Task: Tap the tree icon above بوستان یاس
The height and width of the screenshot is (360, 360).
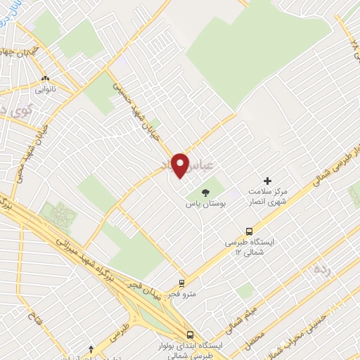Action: (x=205, y=192)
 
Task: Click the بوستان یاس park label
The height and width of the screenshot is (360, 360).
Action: (x=199, y=204)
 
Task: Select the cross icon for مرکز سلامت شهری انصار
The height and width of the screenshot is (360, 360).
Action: (x=266, y=181)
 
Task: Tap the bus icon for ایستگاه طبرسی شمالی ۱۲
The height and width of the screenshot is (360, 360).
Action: (x=249, y=231)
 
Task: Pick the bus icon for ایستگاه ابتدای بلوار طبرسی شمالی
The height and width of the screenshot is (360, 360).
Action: (x=189, y=335)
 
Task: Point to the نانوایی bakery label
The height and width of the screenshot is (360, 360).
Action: (x=46, y=89)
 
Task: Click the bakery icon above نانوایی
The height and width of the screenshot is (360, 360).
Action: (x=46, y=78)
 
